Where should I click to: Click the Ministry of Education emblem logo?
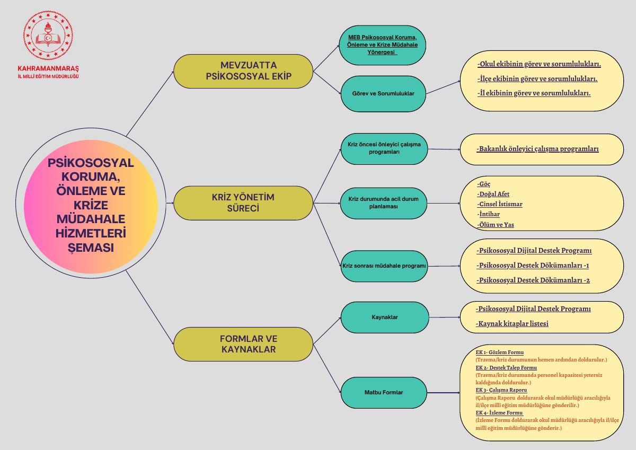coord(48,36)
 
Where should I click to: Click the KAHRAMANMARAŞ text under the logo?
coord(48,69)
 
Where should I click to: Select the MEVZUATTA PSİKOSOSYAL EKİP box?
coord(243,71)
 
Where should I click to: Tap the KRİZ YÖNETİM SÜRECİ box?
coord(243,203)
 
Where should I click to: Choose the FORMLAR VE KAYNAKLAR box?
coord(243,344)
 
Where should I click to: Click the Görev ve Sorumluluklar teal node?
coord(383,94)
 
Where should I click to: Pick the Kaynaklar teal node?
coord(385,317)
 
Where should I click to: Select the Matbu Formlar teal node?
coord(384,393)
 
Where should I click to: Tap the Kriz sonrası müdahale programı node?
coord(384,266)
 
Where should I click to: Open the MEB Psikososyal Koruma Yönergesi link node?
coord(383,45)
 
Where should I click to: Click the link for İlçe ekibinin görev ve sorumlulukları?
coord(537,78)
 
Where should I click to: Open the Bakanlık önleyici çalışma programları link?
coord(537,149)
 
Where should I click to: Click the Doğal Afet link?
coord(493,194)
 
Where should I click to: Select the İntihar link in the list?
coord(488,214)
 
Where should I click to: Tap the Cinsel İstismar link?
coord(500,204)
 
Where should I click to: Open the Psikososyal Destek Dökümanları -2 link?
coord(533,280)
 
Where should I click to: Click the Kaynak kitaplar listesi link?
coord(512,324)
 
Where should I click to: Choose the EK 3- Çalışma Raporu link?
coord(501,390)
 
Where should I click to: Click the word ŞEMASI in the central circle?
coord(91,248)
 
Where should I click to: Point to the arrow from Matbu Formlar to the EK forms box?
coord(443,393)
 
